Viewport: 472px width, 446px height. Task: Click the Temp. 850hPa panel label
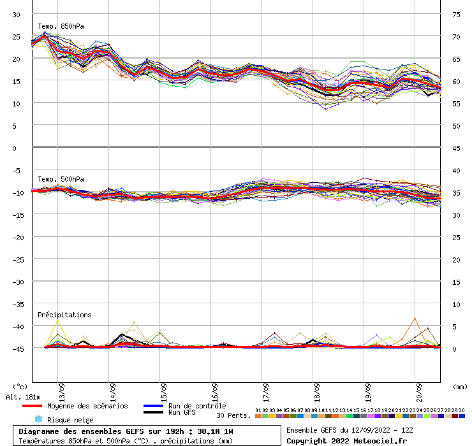tap(61, 27)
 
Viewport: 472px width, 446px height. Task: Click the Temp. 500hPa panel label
tap(61, 180)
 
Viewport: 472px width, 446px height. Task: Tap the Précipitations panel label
tap(64, 315)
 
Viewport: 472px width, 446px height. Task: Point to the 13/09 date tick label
tap(62, 389)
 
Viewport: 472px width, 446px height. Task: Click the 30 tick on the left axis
tap(17, 14)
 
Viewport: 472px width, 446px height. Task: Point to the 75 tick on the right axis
tap(457, 14)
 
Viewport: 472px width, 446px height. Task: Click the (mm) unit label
tap(460, 386)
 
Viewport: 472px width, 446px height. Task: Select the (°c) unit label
tap(20, 386)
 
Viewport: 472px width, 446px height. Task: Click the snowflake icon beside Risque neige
tap(38, 419)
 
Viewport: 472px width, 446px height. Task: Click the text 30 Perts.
tap(233, 415)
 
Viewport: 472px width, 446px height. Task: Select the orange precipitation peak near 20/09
tap(415, 318)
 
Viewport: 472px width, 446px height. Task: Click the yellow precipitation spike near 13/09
tap(58, 319)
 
